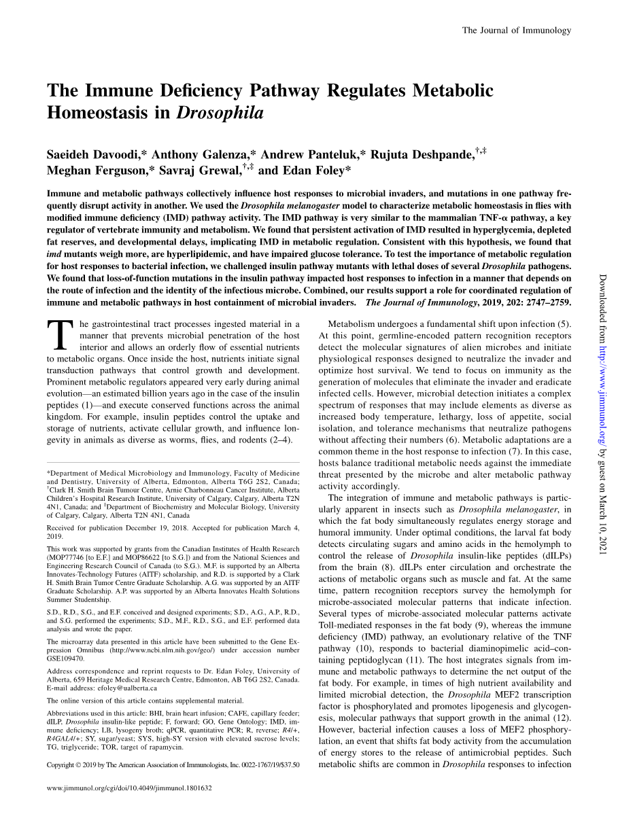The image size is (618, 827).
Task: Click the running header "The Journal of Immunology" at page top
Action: click(x=516, y=30)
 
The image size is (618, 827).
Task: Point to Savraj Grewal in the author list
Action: click(x=199, y=171)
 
